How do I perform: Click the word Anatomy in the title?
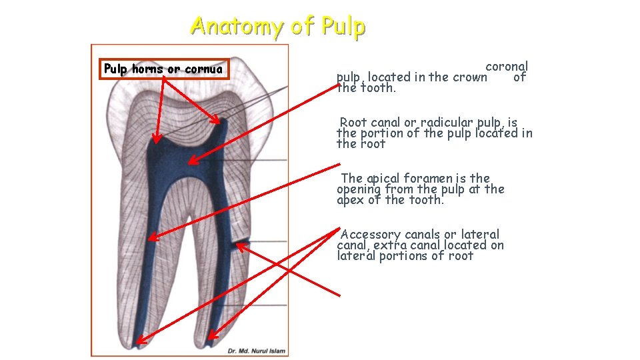coord(237,26)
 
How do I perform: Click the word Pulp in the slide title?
coord(343,26)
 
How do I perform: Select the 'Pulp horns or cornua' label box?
coord(164,69)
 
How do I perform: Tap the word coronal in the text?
coord(507,66)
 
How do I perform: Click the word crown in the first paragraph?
coord(470,77)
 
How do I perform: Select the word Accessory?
coord(371,234)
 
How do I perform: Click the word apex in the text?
coord(349,199)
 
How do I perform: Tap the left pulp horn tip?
coord(155,143)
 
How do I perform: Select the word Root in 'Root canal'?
coord(354,122)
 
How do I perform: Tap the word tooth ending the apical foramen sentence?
coord(427,199)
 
